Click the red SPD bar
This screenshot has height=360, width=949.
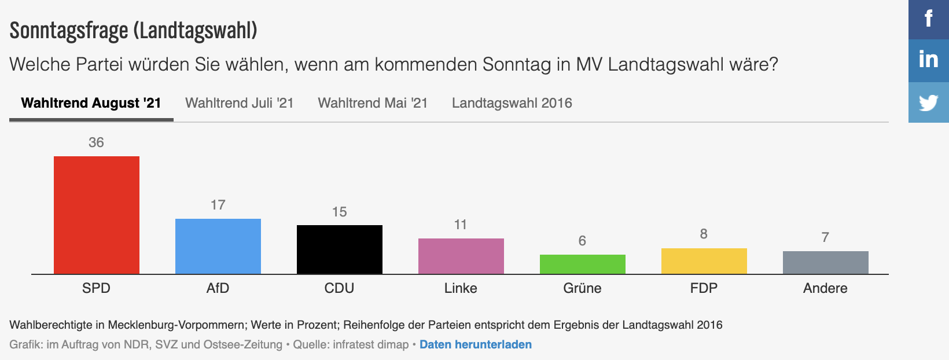(x=97, y=215)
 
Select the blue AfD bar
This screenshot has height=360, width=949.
(x=218, y=246)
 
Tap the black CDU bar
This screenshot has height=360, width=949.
(x=340, y=249)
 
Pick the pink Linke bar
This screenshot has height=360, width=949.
(x=461, y=256)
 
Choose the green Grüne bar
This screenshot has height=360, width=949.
(x=583, y=264)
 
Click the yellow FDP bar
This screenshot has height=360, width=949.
(x=704, y=261)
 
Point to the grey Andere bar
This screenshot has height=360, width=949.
(x=826, y=262)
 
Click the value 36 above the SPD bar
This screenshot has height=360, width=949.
(x=96, y=142)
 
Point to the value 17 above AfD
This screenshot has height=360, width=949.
(x=218, y=205)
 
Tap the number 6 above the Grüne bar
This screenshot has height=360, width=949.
(x=582, y=241)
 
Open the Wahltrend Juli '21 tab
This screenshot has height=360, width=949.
(x=239, y=103)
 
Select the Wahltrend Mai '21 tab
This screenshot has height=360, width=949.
(x=373, y=103)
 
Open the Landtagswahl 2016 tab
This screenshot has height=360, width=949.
(x=512, y=103)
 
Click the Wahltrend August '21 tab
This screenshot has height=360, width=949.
(x=91, y=103)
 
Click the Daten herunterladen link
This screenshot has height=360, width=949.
(x=475, y=344)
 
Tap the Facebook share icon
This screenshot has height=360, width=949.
(x=929, y=19)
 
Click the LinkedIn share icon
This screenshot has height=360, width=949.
(x=929, y=60)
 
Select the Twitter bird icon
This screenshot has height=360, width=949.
(x=929, y=102)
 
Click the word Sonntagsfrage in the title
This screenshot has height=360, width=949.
(x=69, y=31)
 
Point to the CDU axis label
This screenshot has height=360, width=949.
(x=339, y=288)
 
